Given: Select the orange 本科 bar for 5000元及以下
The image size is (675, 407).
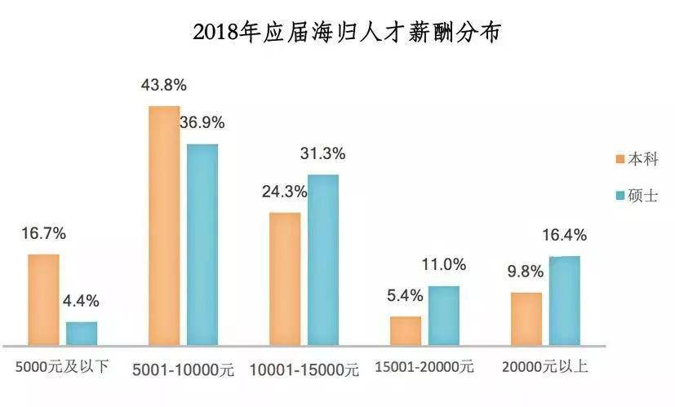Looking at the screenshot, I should (x=43, y=299).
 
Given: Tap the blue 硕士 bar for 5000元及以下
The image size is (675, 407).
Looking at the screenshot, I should (x=82, y=333).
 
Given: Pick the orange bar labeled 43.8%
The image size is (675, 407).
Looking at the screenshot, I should (x=164, y=225).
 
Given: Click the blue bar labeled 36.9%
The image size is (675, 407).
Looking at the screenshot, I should (x=202, y=244).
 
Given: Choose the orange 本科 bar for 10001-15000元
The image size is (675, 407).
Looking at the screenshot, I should (x=285, y=278).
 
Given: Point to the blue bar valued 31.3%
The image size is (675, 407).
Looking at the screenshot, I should (x=323, y=259).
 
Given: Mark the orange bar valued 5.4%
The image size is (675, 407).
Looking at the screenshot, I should (x=406, y=330).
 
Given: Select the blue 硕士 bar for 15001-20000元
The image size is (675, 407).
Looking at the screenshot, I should (x=444, y=315).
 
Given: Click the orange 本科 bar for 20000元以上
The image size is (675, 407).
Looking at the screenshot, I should (x=526, y=318).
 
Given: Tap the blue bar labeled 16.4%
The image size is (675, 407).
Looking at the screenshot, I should (x=564, y=300).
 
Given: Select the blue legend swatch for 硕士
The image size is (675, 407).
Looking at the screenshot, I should (x=619, y=196).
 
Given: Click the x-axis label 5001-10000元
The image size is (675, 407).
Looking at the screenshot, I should (x=183, y=369).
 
